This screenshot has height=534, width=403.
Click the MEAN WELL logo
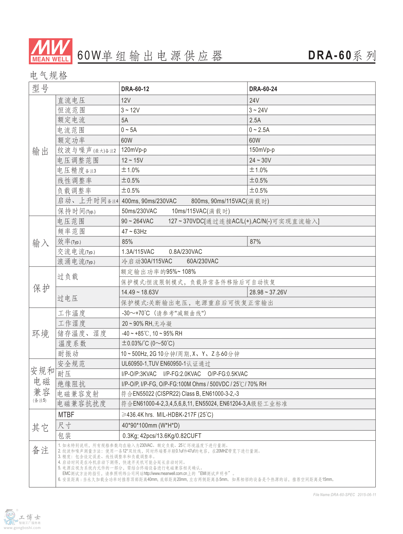tap(50, 51)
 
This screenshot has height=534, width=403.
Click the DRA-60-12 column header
tap(135, 89)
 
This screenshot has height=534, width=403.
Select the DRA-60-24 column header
tap(263, 89)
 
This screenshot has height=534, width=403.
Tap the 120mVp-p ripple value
tap(134, 150)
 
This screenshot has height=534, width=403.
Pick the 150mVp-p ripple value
tap(262, 150)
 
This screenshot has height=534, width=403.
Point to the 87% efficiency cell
tap(255, 242)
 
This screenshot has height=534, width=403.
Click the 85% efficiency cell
tap(127, 242)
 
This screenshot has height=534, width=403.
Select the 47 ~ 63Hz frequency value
tap(134, 232)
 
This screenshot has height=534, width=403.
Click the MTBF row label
tap(66, 415)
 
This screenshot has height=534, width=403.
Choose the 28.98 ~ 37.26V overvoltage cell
tap(268, 292)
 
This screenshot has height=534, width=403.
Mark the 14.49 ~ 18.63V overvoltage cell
tap(140, 292)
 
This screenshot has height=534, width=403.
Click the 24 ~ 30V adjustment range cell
tap(260, 161)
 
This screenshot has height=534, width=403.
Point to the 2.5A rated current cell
tap(255, 120)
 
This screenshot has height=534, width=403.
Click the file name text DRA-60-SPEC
tap(334, 495)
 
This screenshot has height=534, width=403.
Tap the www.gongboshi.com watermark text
tap(22, 528)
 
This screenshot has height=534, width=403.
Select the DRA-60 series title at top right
tap(342, 56)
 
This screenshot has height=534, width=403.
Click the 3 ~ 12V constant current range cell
tap(130, 110)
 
